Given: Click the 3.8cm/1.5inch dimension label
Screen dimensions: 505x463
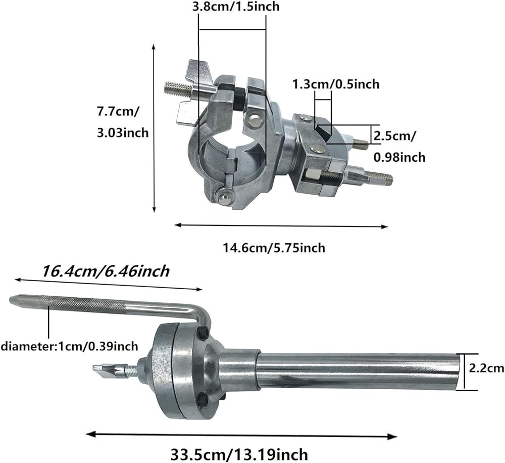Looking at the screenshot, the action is pos(235,6).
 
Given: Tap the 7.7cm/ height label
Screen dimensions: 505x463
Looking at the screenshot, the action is pos(118,112).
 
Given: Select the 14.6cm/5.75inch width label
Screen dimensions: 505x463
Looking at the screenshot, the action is pos(274,248).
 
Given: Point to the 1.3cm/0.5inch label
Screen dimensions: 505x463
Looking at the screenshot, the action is pos(336,84).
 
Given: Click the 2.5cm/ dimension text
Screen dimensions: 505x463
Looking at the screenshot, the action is pos(394,136).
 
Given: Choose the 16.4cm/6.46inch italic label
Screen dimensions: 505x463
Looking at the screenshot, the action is pos(106,271).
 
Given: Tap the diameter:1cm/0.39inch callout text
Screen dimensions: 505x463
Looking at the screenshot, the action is pos(70,346).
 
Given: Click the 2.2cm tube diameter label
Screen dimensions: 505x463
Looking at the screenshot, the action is pos(486,368).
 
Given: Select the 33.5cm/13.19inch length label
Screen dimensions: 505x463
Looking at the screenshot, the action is pos(239,454).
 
